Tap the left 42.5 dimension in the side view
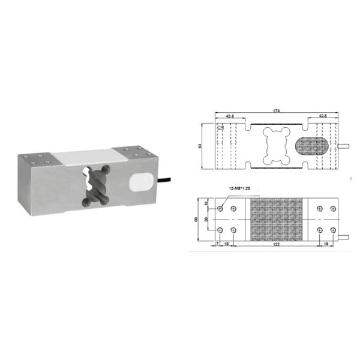click(x=230, y=116)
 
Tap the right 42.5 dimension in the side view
click(x=323, y=116)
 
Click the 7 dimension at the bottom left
click(x=216, y=245)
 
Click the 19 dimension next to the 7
click(x=226, y=245)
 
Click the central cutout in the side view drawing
click(x=277, y=146)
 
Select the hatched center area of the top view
click(x=277, y=220)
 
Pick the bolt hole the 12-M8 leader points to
click(x=221, y=209)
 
